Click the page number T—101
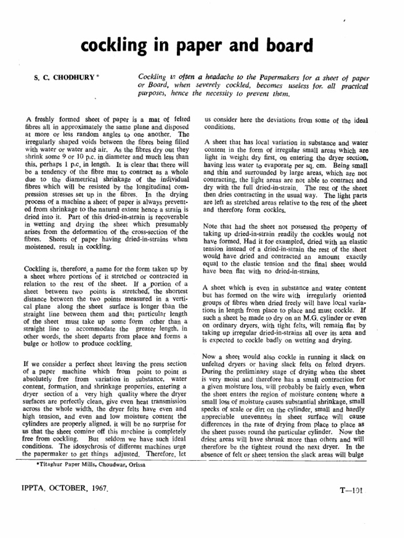350,489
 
